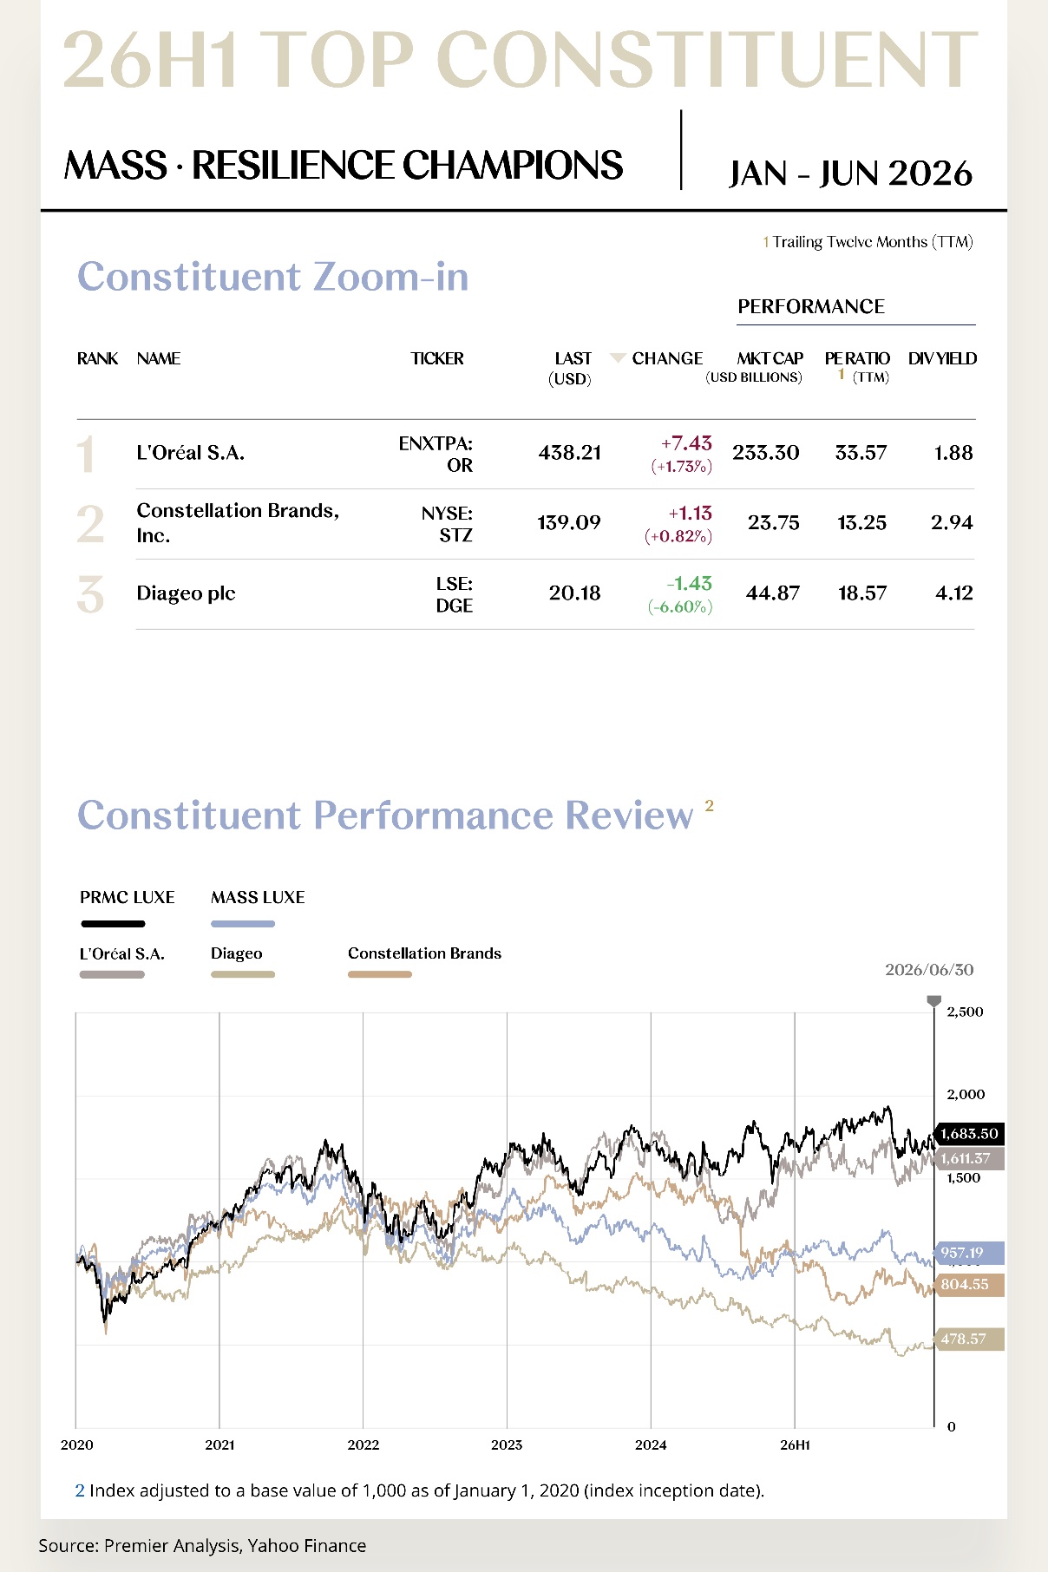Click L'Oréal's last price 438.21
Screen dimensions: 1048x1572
[569, 453]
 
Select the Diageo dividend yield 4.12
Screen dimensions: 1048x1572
[954, 593]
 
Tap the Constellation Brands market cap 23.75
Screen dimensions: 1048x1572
[773, 523]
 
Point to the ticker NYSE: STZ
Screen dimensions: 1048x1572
[447, 524]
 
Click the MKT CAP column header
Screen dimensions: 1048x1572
[770, 358]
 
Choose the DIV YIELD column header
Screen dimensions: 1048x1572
[942, 358]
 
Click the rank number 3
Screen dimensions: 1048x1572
[90, 594]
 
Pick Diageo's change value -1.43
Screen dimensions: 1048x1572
[689, 584]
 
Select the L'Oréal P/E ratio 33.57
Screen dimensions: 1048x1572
[861, 453]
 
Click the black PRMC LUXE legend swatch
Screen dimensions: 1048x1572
[113, 924]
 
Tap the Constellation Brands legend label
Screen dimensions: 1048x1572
[424, 953]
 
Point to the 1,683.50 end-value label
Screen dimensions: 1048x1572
[969, 1134]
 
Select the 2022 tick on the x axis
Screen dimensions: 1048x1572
[364, 1445]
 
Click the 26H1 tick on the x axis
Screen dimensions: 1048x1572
[795, 1445]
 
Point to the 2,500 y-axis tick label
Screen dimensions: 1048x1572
[965, 1012]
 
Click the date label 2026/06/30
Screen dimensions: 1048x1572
[929, 970]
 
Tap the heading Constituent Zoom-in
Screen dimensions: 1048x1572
[273, 277]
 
